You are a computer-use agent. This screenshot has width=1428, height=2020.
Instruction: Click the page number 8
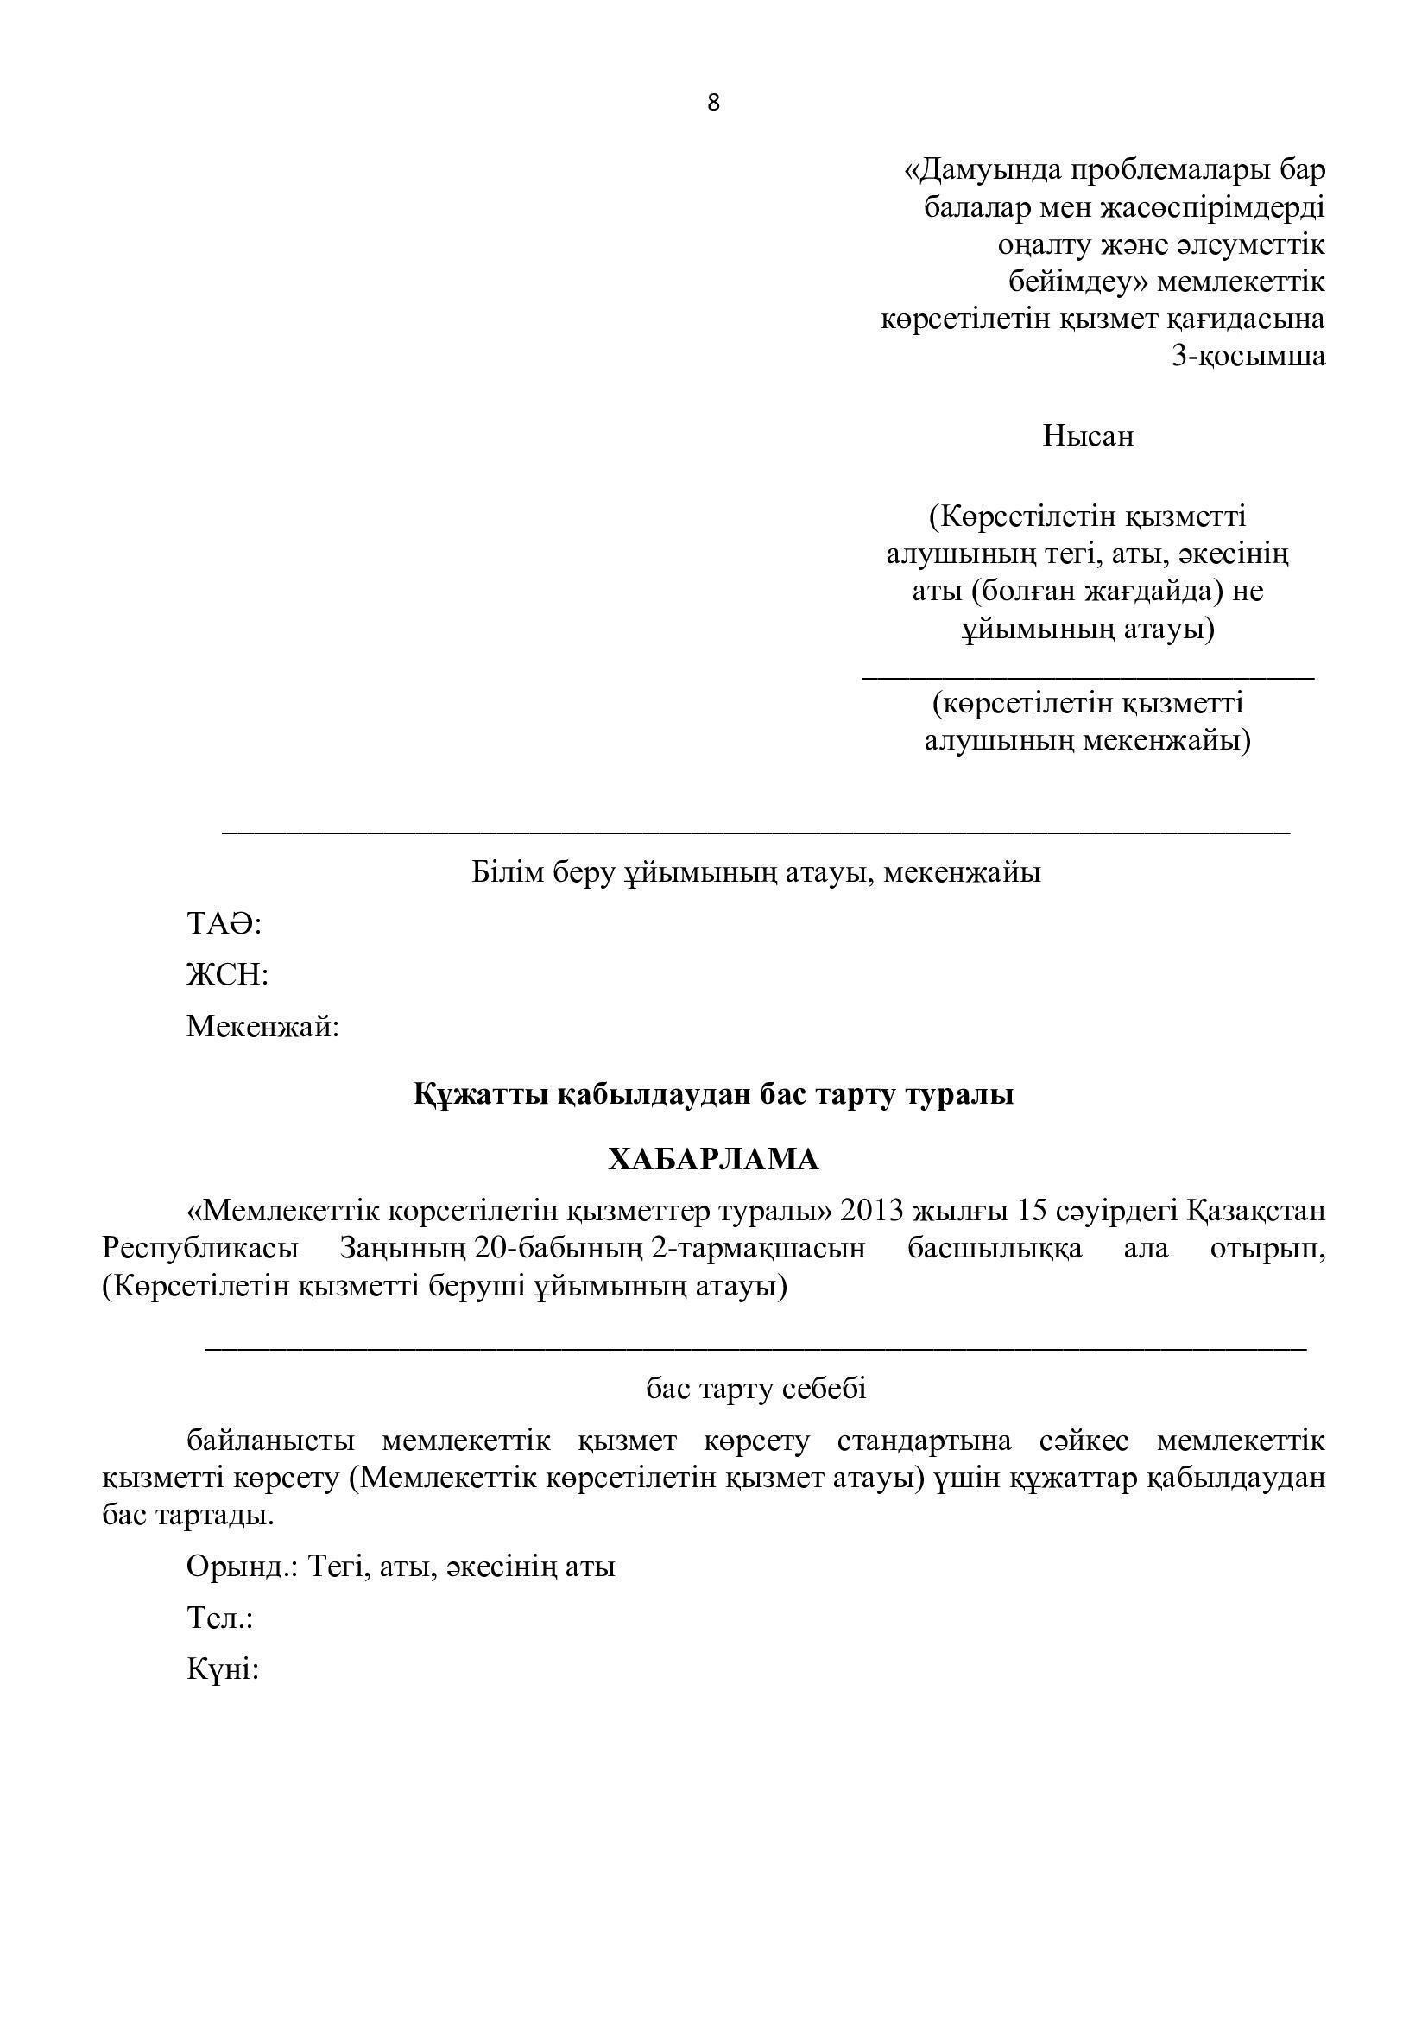[x=713, y=104]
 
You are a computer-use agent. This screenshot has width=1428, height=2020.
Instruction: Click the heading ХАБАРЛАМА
[x=713, y=1160]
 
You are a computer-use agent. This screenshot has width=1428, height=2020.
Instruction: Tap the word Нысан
[x=1088, y=435]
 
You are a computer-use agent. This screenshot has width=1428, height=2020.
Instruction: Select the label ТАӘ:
[x=225, y=924]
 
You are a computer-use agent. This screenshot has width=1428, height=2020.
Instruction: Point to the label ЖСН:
[x=227, y=975]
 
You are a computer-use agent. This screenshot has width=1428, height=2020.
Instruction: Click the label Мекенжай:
[x=263, y=1026]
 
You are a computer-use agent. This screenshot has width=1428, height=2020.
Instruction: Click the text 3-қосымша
[x=1248, y=357]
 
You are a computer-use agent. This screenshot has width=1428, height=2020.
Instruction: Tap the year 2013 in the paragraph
[x=872, y=1212]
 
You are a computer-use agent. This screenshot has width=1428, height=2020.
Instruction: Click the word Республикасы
[x=200, y=1249]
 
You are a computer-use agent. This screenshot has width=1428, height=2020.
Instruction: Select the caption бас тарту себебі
[x=756, y=1390]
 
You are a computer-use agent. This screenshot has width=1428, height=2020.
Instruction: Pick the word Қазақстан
[x=1256, y=1212]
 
